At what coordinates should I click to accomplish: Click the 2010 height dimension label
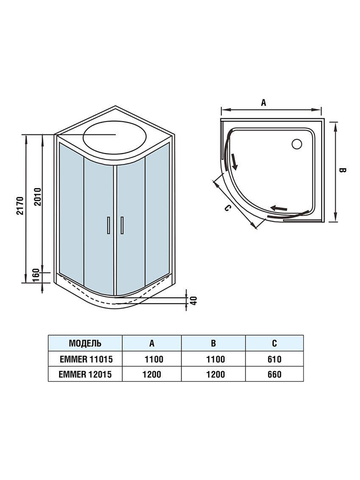[x=38, y=196]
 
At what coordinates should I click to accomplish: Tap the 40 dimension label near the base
[x=194, y=300]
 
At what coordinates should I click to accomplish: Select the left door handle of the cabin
[x=108, y=226]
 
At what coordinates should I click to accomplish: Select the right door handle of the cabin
[x=122, y=226]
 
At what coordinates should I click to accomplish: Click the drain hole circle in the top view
[x=297, y=144]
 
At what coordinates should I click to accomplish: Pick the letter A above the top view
[x=264, y=103]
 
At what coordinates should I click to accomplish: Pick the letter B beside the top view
[x=342, y=170]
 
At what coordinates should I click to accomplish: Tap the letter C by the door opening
[x=227, y=208]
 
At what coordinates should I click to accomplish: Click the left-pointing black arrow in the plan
[x=279, y=208]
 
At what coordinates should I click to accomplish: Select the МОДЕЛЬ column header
[x=85, y=343]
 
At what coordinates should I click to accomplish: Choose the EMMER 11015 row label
[x=86, y=359]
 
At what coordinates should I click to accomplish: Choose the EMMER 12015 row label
[x=85, y=374]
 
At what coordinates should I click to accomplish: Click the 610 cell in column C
[x=274, y=359]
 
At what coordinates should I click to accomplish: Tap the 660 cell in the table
[x=274, y=374]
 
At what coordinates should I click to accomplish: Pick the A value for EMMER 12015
[x=152, y=374]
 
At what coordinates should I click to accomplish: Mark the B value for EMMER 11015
[x=213, y=359]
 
